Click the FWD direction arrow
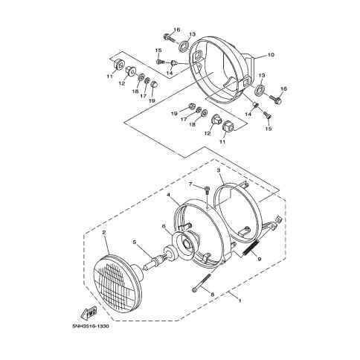[x=89, y=312]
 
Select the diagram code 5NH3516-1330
[x=90, y=327]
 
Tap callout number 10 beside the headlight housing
[x=271, y=54]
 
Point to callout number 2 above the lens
[x=104, y=232]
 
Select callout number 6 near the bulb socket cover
[x=164, y=226]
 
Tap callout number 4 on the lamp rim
[x=168, y=195]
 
